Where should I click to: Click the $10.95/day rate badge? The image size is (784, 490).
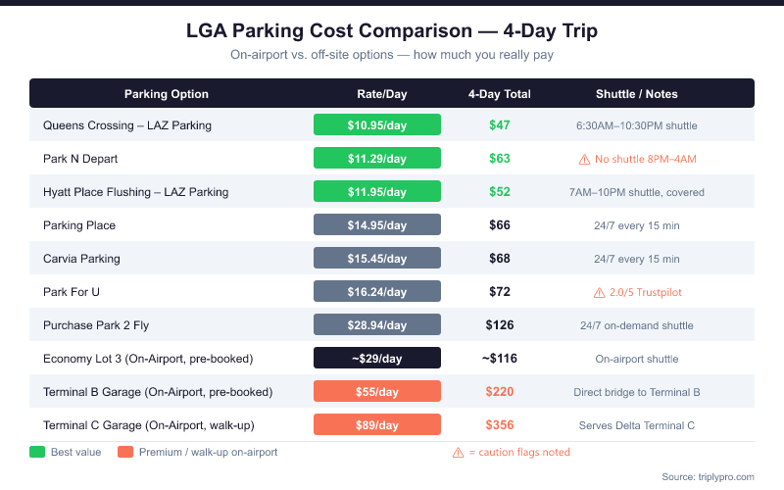click(x=377, y=125)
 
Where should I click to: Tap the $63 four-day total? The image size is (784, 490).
click(x=500, y=159)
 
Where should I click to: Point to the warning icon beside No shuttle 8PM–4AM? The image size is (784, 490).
click(x=584, y=159)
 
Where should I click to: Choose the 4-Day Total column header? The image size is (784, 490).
click(x=500, y=94)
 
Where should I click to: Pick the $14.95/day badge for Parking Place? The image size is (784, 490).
click(x=377, y=225)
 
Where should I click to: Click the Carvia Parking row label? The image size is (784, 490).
click(x=81, y=259)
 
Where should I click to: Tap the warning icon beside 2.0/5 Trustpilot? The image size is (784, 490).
click(x=598, y=292)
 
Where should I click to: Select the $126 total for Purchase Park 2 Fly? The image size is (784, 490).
click(x=500, y=325)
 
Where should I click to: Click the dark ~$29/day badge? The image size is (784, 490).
click(x=377, y=359)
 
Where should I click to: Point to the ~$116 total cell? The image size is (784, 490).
click(x=500, y=359)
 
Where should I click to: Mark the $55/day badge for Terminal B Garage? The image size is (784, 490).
click(x=377, y=392)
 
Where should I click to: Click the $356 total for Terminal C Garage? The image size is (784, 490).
click(x=500, y=425)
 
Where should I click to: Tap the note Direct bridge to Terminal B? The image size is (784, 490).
click(x=637, y=392)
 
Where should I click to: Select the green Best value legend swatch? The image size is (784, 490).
click(x=38, y=452)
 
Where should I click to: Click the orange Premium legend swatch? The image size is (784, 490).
click(x=124, y=452)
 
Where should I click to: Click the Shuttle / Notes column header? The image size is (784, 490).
click(x=637, y=94)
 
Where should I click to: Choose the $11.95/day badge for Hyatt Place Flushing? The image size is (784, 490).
click(x=377, y=192)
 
